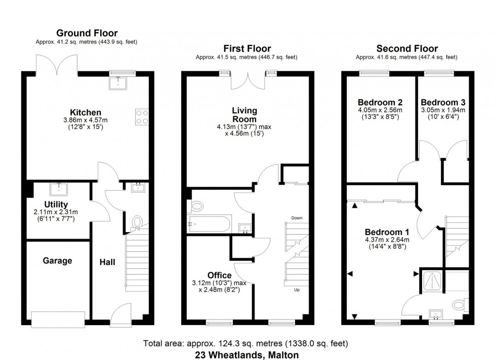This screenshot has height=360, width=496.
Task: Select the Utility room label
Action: point(56,204)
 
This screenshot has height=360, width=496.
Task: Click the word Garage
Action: point(57,261)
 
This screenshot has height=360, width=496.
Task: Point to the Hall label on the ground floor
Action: point(107,262)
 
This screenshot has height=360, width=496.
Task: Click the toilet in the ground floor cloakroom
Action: point(137,222)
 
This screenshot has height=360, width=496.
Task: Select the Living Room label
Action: point(244,114)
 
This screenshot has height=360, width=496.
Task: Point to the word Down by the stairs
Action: point(297,218)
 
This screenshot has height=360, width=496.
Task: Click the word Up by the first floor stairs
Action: point(297,290)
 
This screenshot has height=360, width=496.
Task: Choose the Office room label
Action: point(219,276)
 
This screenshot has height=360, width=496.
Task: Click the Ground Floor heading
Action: point(86,33)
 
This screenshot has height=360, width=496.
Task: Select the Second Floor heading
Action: point(407,49)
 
